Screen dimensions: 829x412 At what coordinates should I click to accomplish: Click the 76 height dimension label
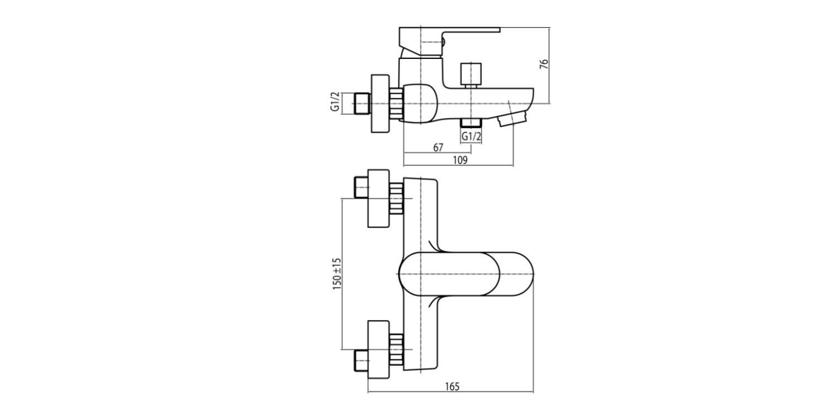(544, 64)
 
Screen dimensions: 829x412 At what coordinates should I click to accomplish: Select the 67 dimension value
(438, 148)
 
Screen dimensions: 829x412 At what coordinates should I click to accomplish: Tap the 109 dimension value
(460, 160)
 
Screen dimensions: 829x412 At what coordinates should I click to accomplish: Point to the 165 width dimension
(452, 387)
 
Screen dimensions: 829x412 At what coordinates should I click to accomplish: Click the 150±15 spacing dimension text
(337, 273)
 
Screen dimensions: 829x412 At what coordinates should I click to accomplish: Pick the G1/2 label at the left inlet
(335, 102)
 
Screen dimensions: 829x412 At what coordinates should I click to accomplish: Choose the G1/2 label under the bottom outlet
(471, 137)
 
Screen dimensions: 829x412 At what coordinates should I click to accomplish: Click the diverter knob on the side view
(471, 74)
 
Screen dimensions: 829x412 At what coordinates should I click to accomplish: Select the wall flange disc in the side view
(380, 103)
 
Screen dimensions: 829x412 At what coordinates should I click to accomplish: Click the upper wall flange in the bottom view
(379, 198)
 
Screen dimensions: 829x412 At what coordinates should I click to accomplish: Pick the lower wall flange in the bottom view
(379, 349)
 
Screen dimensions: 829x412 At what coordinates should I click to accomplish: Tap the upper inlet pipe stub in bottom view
(361, 188)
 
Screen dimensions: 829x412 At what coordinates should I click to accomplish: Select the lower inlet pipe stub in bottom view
(361, 360)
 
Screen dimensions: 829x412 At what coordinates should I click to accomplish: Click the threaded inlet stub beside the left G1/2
(363, 103)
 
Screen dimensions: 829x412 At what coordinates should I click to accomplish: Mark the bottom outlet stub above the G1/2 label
(471, 123)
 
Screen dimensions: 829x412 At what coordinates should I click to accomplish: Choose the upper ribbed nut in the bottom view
(396, 198)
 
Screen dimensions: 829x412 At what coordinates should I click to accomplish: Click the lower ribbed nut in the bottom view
(396, 349)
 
